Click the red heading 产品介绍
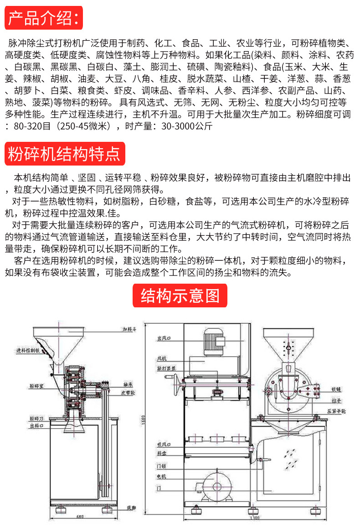(44, 18)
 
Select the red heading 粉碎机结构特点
(64, 154)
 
